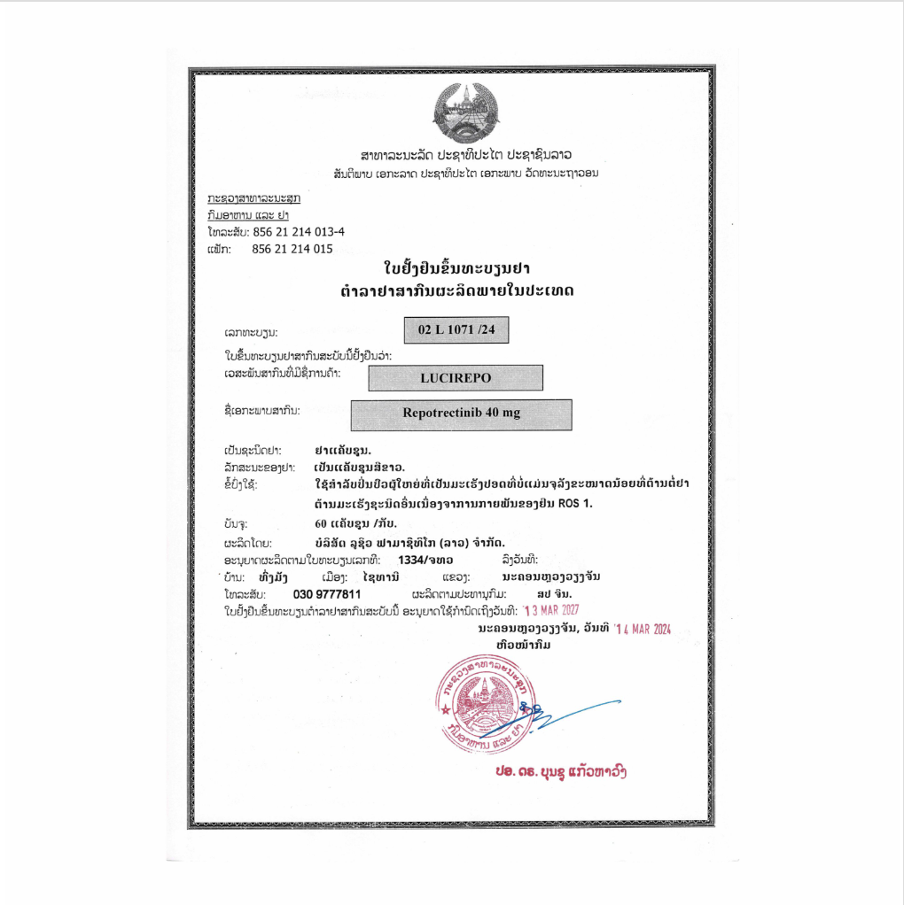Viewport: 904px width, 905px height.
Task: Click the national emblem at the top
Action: coord(466,112)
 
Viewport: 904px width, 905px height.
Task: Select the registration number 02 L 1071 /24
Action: coord(456,329)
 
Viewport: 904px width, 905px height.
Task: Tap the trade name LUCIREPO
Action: coord(456,377)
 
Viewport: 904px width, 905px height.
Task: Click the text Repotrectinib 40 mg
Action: coord(461,414)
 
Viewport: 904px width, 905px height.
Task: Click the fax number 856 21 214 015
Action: coord(292,249)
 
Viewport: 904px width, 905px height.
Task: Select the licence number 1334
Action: coord(413,560)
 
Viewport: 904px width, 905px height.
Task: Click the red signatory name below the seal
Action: coord(562,771)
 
